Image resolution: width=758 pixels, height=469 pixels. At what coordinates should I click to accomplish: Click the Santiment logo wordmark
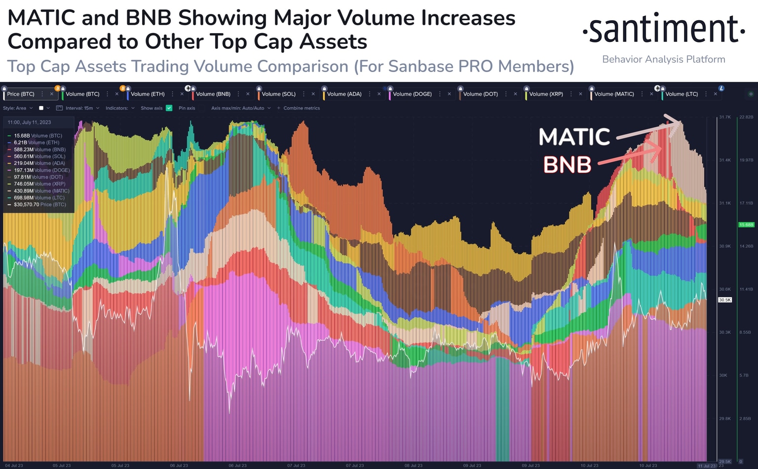(x=664, y=29)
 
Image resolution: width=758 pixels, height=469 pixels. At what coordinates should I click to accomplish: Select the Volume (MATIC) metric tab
(x=614, y=94)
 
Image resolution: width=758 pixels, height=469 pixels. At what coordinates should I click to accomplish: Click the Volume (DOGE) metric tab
(x=412, y=94)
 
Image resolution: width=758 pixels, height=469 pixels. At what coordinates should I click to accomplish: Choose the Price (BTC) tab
(x=21, y=94)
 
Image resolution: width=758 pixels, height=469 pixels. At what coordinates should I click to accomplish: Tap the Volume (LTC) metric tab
(x=682, y=94)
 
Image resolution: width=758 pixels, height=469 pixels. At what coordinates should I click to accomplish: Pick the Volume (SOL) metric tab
(x=278, y=94)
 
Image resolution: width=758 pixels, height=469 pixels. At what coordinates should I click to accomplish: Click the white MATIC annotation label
(x=574, y=137)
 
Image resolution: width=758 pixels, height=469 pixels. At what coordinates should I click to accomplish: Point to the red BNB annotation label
(x=567, y=165)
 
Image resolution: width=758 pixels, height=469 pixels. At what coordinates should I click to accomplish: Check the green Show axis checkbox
(x=169, y=108)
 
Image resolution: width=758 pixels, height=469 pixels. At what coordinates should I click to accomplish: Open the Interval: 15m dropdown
(x=79, y=108)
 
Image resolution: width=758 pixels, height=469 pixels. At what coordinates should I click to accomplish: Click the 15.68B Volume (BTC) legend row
(x=38, y=136)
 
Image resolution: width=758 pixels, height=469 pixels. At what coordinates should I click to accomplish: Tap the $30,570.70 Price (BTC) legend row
(x=39, y=204)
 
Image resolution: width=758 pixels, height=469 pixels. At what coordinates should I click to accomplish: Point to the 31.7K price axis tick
(x=724, y=117)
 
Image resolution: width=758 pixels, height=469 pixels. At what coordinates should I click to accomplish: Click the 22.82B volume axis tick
(x=746, y=117)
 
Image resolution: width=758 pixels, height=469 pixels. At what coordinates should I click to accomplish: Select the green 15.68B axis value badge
(x=746, y=225)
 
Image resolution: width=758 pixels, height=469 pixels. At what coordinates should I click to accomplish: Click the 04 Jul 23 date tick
(x=14, y=466)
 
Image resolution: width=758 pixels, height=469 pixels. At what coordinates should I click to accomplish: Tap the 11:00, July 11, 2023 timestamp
(x=29, y=122)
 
